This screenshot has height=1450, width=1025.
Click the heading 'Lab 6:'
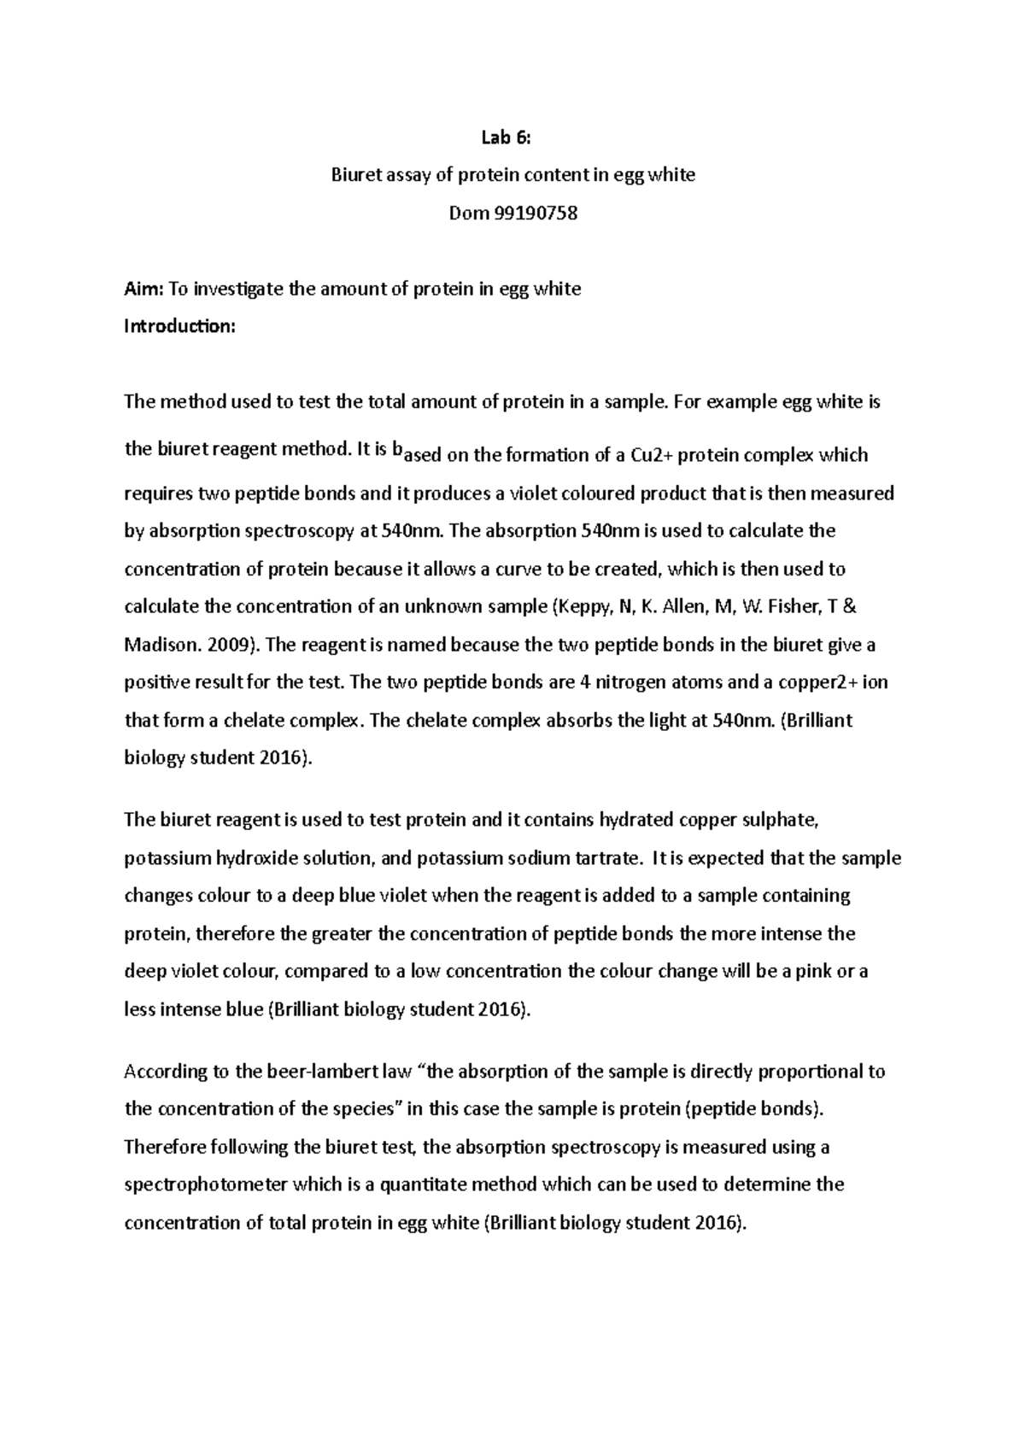pyautogui.click(x=512, y=137)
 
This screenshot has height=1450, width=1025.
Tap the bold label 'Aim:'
pyautogui.click(x=143, y=289)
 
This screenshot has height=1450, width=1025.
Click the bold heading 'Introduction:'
pyautogui.click(x=179, y=326)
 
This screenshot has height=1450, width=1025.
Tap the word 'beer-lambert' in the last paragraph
pyautogui.click(x=296, y=1071)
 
